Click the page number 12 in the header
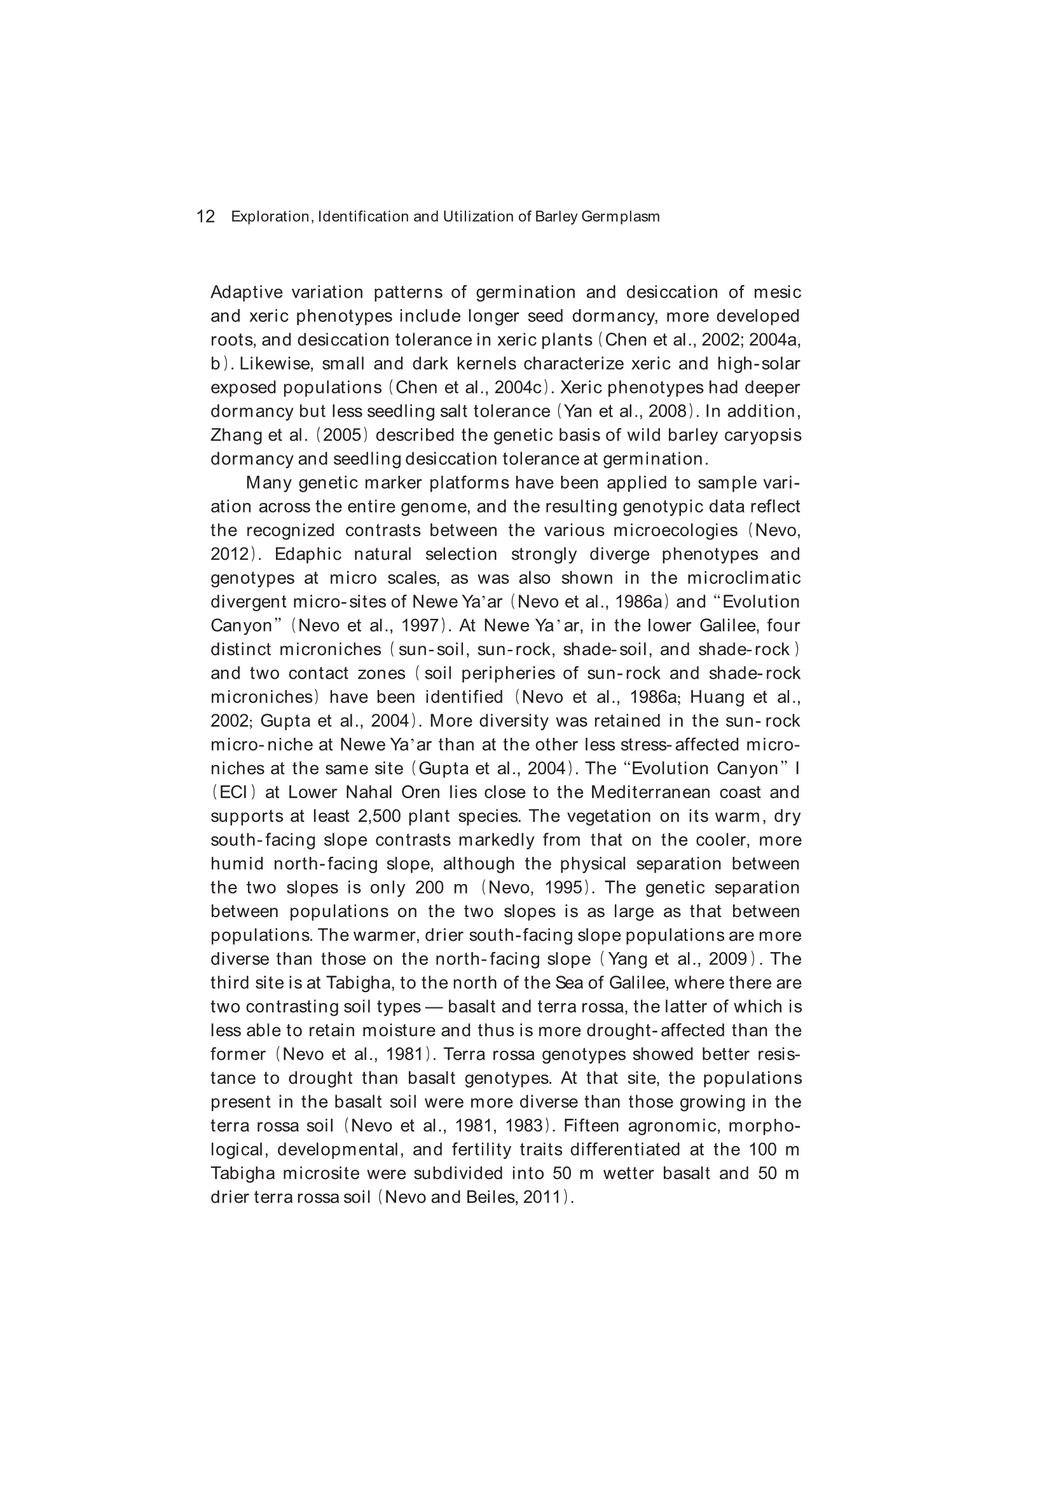205,216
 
